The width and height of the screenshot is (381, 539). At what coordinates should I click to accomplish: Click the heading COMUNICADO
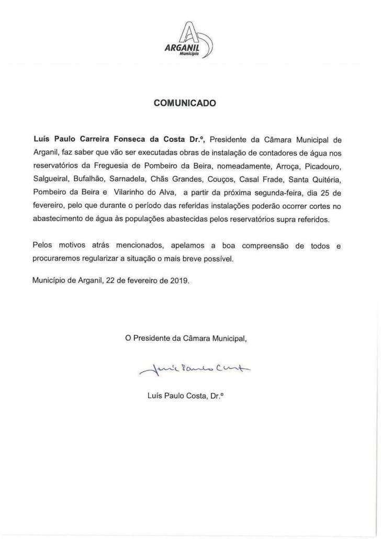[x=184, y=104]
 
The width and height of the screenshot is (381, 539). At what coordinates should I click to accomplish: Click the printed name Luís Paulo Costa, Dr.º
[x=186, y=396]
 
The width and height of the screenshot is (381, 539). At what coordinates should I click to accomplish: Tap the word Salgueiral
[x=49, y=179]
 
